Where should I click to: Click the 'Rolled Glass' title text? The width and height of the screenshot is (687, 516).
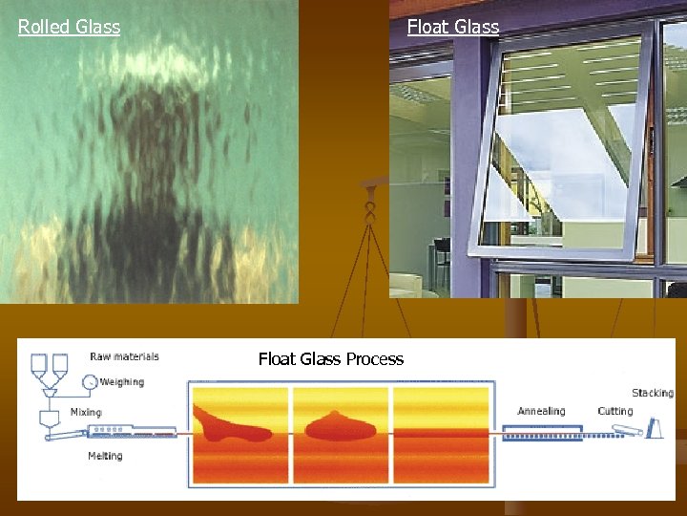69,27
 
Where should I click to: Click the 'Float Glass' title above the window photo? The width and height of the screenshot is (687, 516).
452,27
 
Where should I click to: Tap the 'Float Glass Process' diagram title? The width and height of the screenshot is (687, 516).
330,359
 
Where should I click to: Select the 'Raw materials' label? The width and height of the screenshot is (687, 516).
124,357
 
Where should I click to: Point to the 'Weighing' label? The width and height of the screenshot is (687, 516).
122,382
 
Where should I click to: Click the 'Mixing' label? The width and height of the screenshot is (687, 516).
86,412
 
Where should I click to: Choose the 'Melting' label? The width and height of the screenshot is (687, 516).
105,456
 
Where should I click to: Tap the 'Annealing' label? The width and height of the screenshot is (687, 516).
541,412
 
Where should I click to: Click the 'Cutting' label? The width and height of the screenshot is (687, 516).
614,412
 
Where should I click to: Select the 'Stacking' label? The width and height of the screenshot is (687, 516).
652,393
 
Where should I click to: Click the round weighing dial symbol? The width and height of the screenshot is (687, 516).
90,382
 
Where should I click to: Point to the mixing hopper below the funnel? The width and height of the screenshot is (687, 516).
49,419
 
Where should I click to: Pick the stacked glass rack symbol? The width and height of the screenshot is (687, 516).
656,428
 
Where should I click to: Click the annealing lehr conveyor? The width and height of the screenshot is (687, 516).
544,435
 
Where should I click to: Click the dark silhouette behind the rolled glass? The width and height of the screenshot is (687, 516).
153,191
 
